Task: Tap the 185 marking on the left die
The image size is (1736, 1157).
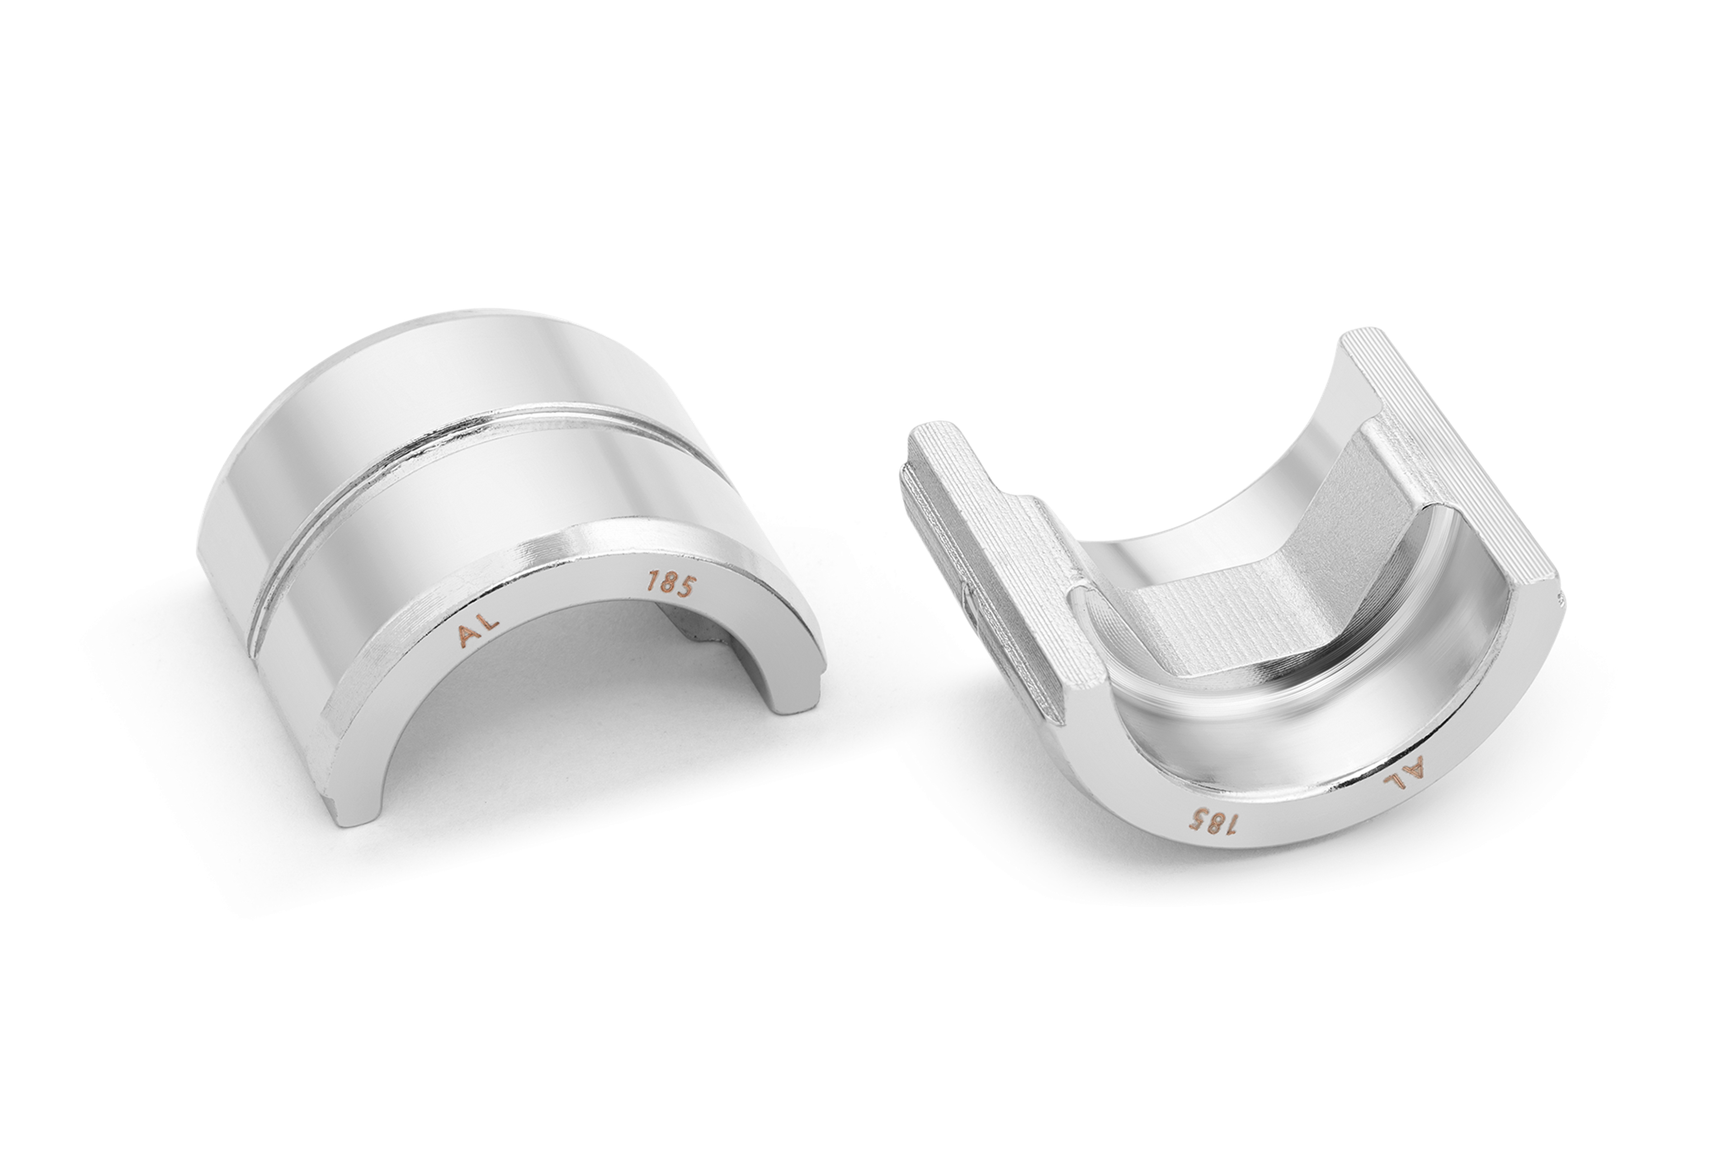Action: pyautogui.click(x=670, y=585)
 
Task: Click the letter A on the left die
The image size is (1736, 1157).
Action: pyautogui.click(x=468, y=637)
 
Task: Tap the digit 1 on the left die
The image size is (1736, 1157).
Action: pyautogui.click(x=651, y=582)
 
